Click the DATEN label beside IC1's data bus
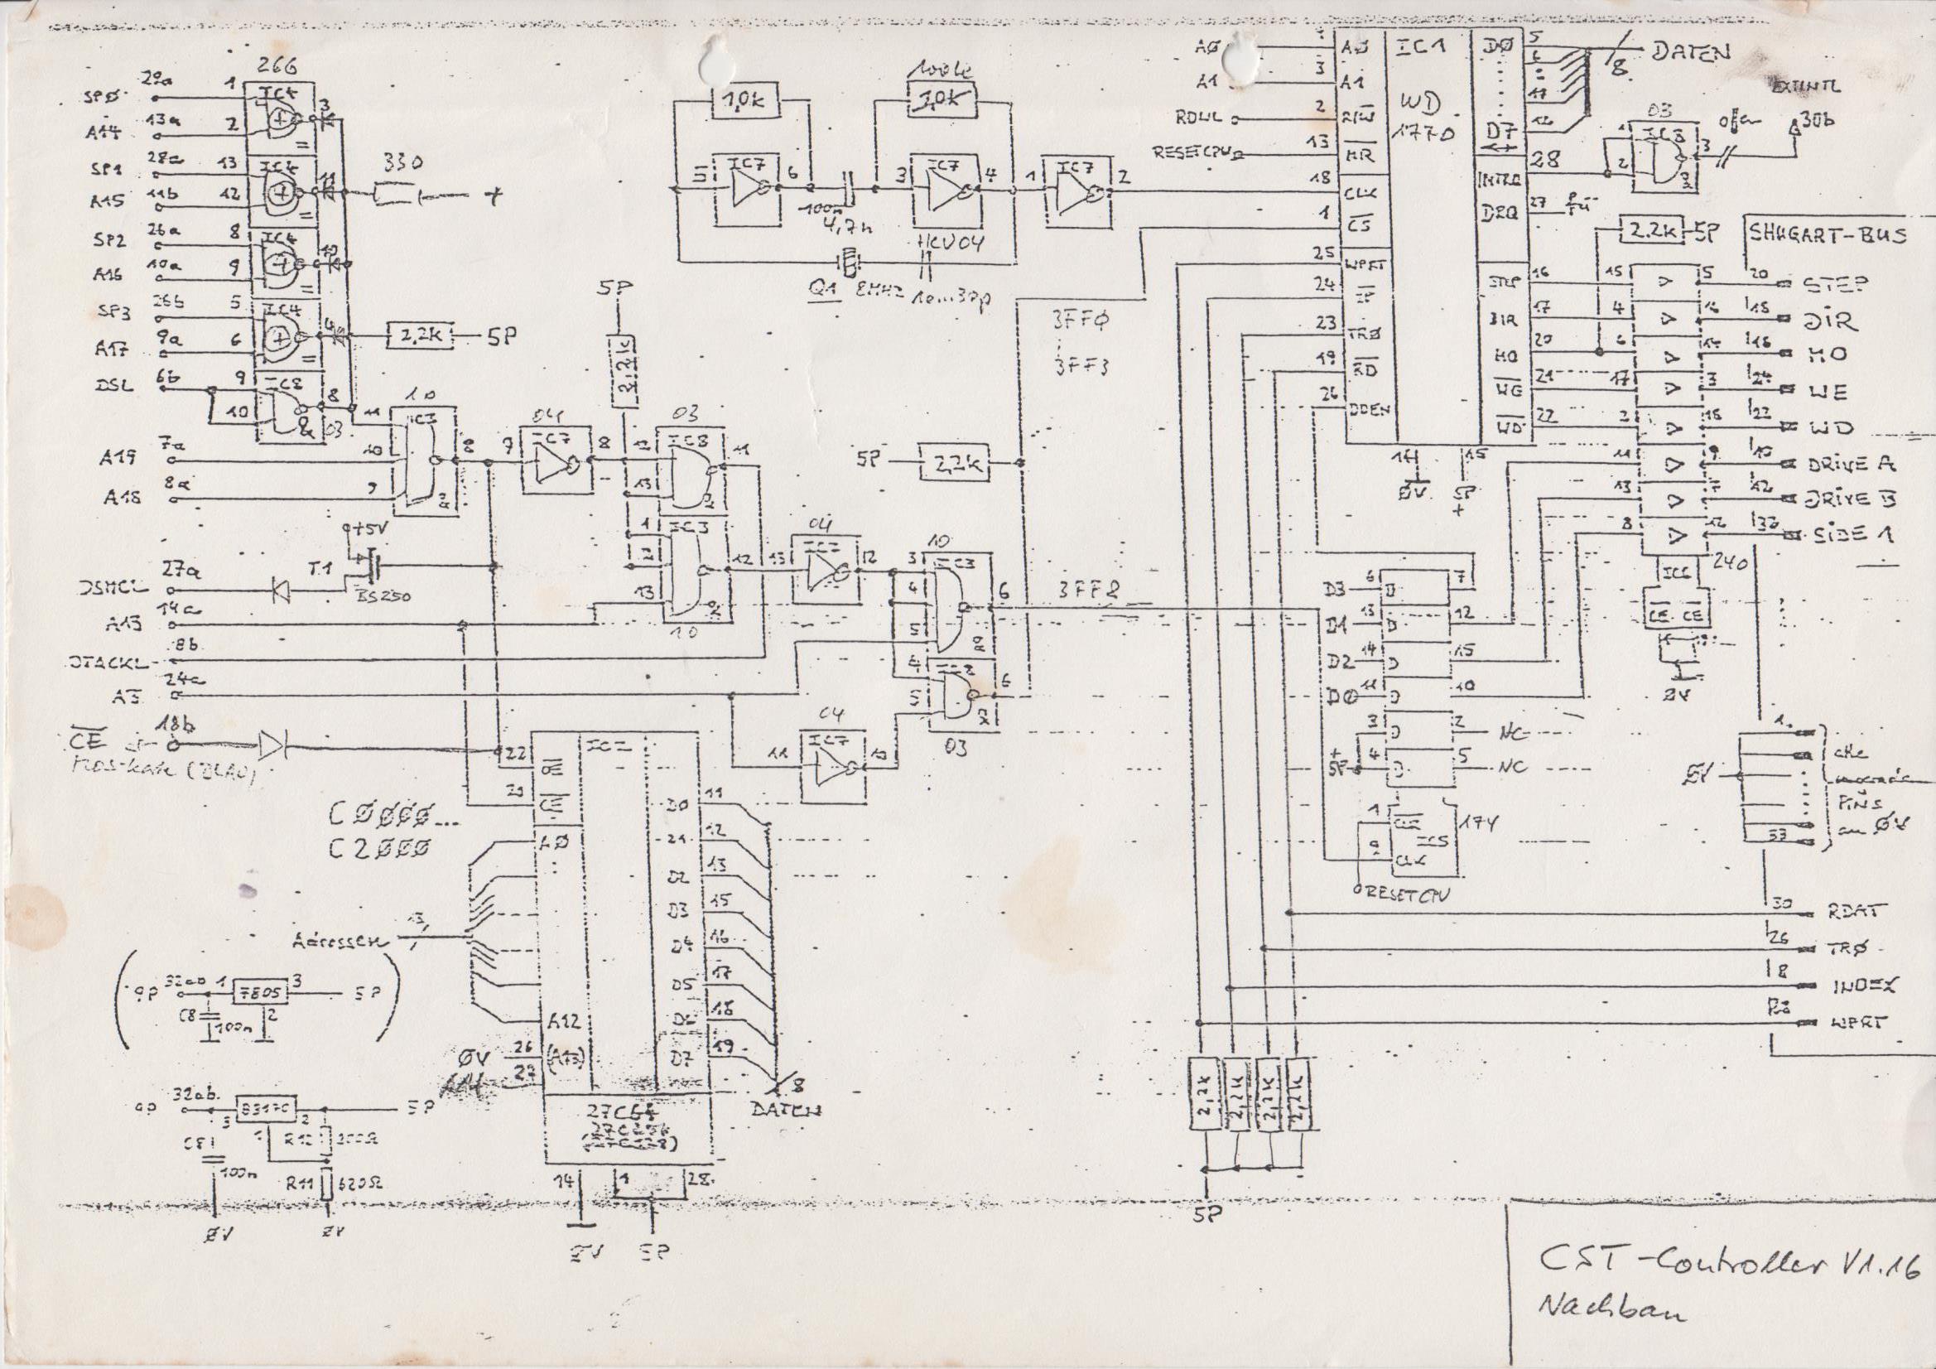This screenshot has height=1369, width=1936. click(x=1691, y=52)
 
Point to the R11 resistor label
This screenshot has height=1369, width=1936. click(x=297, y=1183)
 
